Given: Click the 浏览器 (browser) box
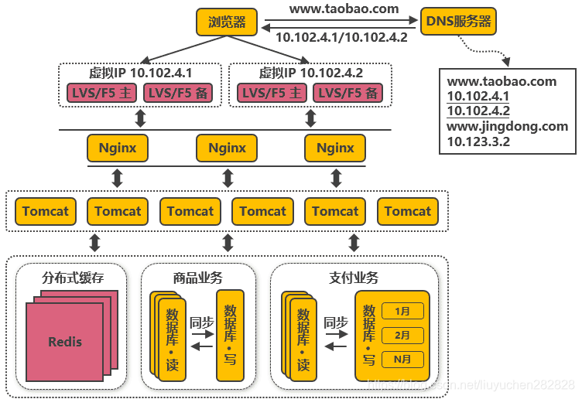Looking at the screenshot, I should [227, 22].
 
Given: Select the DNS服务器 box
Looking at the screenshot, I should [458, 22].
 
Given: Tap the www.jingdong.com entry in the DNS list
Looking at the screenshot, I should [508, 126].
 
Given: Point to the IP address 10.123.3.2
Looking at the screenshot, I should [478, 142].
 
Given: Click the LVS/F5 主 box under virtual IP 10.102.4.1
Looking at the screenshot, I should [101, 93].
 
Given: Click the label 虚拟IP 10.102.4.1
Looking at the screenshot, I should [141, 73].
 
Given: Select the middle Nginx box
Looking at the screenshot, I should [227, 148].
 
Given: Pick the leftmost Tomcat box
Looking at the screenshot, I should [45, 211].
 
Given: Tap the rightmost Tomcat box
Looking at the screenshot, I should [407, 211].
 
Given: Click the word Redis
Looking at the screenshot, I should [65, 341].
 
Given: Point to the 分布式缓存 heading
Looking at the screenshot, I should [72, 278].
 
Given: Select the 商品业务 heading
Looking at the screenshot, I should [198, 278].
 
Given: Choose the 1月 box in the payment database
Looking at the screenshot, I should [402, 311].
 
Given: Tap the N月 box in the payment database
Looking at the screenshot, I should [402, 360].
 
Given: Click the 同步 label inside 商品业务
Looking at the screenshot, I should [201, 322].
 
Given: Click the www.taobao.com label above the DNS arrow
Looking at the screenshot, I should [344, 9].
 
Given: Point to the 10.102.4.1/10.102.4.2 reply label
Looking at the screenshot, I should [341, 36].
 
